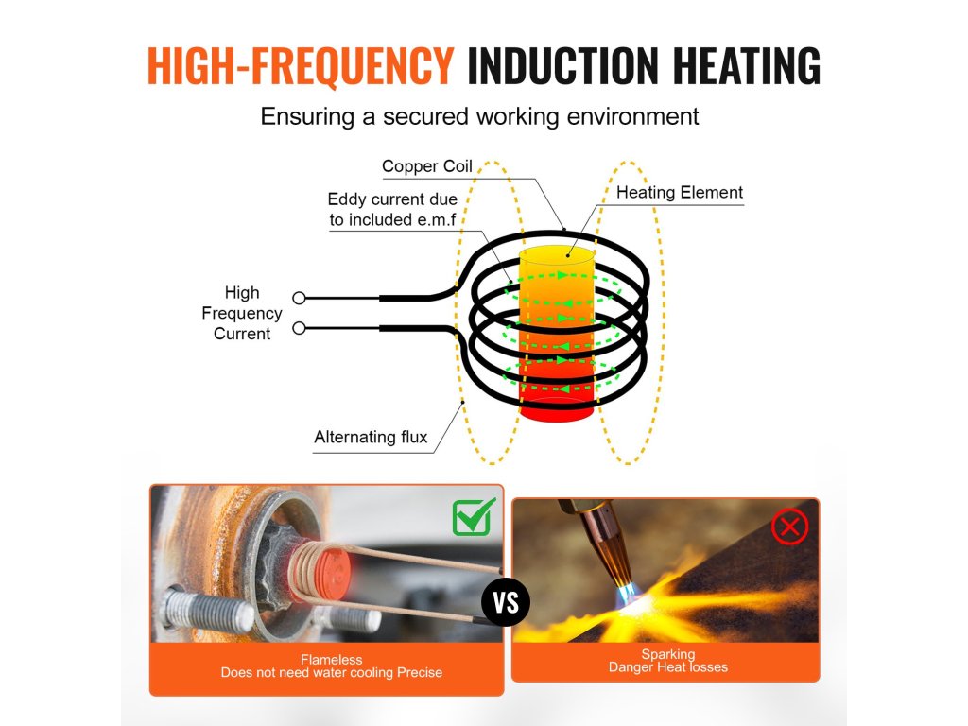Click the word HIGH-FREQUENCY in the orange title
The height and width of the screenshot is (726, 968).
point(301,65)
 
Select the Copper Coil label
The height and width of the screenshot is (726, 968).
point(426,166)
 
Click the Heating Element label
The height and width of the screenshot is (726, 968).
point(679,193)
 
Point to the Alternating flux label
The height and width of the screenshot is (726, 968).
point(371,437)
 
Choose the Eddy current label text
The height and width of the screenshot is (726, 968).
point(392,210)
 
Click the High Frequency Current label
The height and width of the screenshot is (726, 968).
point(242,313)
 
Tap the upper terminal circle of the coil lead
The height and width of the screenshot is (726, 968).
point(300,298)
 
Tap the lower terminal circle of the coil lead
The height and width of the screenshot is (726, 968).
point(300,328)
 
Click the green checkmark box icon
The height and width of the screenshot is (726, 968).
point(474,516)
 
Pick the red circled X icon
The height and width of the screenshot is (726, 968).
point(790,527)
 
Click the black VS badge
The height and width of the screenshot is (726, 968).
point(506,602)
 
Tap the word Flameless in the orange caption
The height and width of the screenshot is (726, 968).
point(331,660)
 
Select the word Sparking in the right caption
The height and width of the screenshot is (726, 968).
point(667,654)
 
